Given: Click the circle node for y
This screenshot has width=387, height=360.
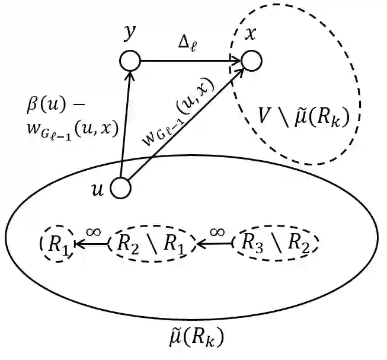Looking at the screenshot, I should (130, 60).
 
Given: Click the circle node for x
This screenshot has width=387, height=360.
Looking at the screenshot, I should (251, 60).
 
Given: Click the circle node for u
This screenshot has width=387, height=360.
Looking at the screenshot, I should (120, 188).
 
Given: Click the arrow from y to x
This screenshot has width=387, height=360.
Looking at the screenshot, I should (190, 60).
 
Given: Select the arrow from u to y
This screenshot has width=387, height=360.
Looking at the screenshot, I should (126, 125).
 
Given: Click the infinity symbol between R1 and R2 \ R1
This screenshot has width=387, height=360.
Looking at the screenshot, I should (93, 230).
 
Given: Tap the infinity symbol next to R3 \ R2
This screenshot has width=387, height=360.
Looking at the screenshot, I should (217, 230).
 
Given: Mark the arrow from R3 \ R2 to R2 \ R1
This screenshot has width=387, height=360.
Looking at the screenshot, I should (214, 242).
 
